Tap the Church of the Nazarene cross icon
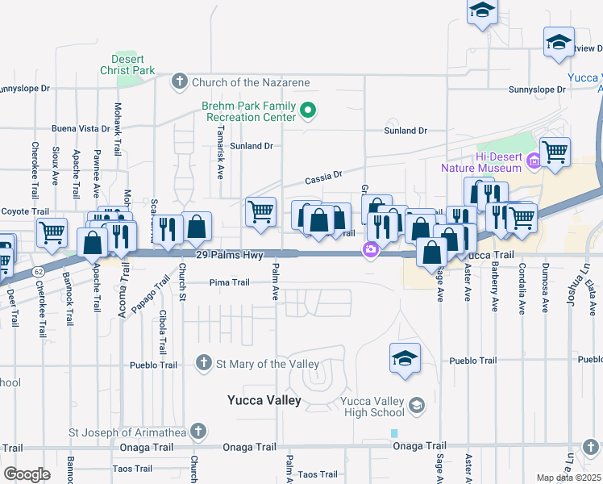point(179,81)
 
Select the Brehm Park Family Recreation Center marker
point(306,111)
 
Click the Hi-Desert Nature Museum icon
point(533,162)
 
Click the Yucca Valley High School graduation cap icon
point(417,403)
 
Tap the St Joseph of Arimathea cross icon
point(198,432)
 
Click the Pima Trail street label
point(229,282)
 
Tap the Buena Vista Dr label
point(81,128)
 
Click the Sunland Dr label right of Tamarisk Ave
point(252,146)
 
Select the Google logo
point(27,474)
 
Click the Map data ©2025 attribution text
point(569,478)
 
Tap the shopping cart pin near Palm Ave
point(260,211)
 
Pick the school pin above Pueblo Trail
point(405,359)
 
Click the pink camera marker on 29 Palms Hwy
point(371,249)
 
